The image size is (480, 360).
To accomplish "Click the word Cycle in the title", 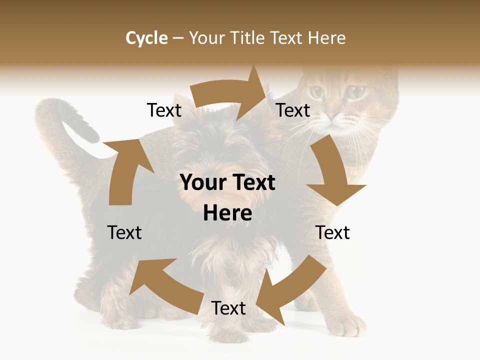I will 146,38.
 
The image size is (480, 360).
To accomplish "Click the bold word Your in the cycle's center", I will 203,183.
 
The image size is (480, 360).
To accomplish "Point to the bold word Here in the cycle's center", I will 227,213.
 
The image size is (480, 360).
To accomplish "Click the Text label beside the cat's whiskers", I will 293,110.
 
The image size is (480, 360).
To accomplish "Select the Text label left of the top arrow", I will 164,110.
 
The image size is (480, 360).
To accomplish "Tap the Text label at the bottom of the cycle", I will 228,308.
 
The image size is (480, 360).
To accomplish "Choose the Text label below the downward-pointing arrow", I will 333,233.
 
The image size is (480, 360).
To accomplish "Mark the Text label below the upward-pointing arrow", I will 124,233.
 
